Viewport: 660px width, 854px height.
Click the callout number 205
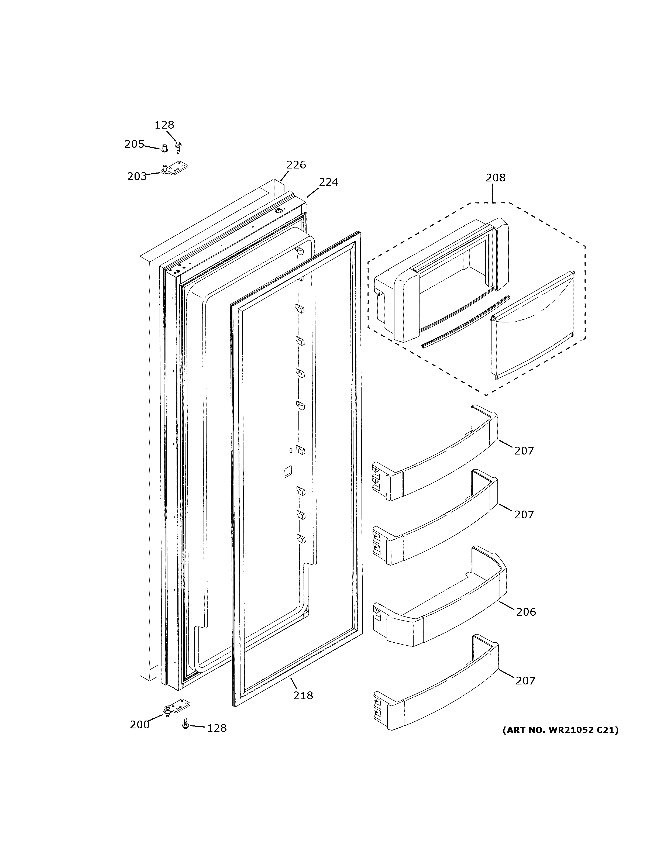tap(134, 144)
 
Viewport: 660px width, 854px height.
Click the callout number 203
tap(137, 177)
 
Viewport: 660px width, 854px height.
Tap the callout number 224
tap(328, 182)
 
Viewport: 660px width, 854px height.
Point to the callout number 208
tap(495, 178)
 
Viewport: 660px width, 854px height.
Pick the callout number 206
tap(525, 612)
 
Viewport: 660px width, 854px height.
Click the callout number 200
tap(140, 725)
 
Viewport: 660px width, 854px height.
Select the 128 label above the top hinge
tap(164, 125)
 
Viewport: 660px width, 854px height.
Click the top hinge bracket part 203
tap(175, 168)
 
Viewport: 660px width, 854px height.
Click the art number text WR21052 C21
tap(560, 730)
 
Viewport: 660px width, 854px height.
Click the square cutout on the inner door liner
tap(288, 471)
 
